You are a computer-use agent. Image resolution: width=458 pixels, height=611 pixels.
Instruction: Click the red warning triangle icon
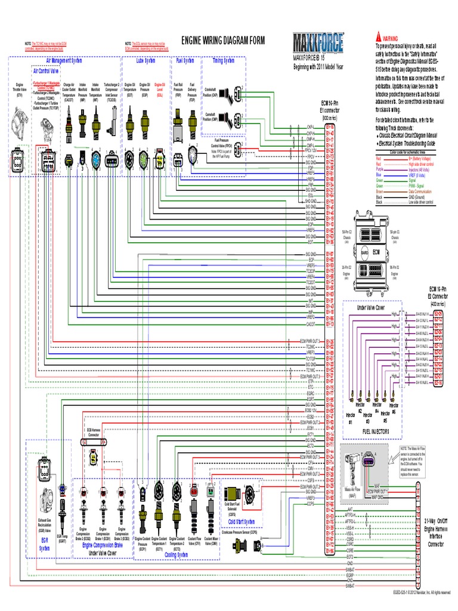tap(377, 37)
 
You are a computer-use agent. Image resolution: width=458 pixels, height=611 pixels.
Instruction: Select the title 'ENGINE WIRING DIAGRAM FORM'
tap(217, 40)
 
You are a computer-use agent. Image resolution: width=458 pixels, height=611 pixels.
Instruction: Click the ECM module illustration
tap(375, 253)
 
